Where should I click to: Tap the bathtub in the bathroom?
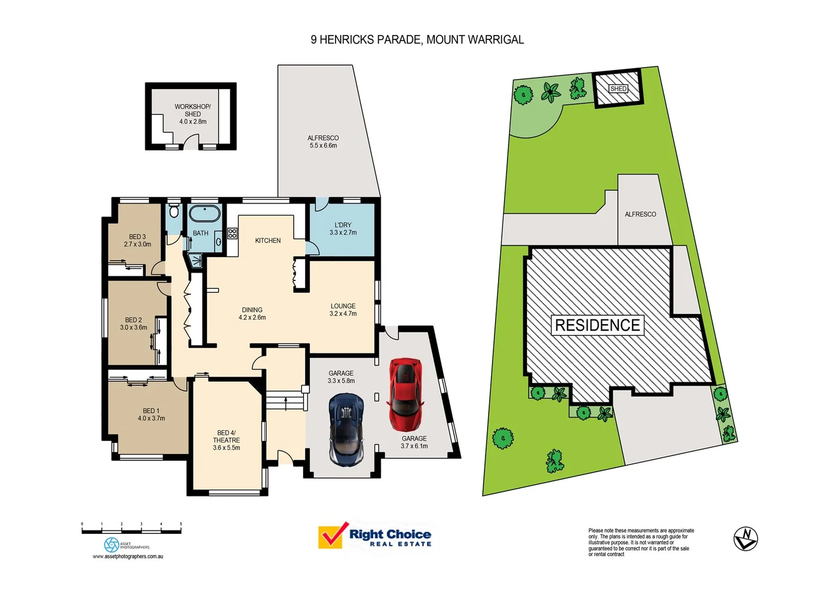204,214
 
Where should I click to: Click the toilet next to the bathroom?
174,211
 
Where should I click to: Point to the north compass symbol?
746,539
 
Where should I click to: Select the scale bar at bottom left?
131,530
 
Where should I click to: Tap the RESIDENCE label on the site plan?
597,325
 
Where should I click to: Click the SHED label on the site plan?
618,89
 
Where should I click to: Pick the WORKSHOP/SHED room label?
193,110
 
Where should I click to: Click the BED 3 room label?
137,237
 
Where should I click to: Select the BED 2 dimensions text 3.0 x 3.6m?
133,328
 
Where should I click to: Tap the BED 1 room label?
151,411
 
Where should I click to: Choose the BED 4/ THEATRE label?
226,437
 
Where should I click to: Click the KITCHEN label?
268,240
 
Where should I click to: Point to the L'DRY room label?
343,225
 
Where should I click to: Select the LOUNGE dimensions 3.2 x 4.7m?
343,314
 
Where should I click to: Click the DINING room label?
252,310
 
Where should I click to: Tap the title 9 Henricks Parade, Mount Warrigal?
417,40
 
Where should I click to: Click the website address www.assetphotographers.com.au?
128,557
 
